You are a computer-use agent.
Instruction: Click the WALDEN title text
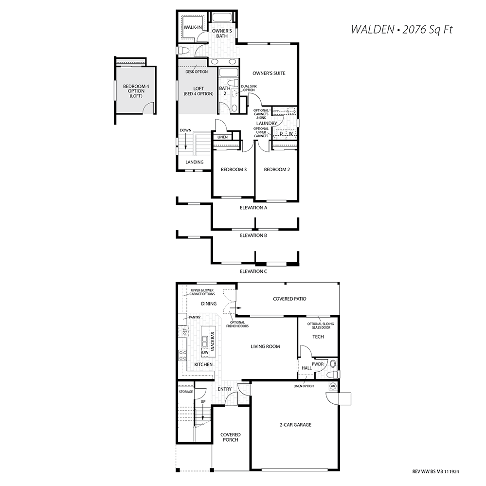coord(372,30)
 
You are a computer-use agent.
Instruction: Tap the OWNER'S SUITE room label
coord(269,73)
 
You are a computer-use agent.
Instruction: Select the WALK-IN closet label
coord(193,27)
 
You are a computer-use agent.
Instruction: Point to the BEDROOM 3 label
coord(234,170)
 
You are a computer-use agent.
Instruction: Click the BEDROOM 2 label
coord(277,170)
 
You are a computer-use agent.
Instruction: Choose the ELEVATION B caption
coord(253,235)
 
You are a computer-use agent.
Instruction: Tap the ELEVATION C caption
coord(253,271)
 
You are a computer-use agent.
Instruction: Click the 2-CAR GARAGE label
coord(295,425)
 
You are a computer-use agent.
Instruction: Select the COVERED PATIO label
coord(289,299)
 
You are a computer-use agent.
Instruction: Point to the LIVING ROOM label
coord(265,346)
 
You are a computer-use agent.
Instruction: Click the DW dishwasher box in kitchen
coord(205,352)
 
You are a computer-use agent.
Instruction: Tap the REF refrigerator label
coord(185,332)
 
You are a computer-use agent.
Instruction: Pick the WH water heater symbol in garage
coord(333,386)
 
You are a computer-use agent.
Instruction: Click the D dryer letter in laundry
coord(281,133)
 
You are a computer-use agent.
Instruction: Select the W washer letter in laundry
coord(291,133)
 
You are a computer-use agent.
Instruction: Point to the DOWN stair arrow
coord(186,143)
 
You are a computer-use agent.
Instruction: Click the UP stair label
coord(203,402)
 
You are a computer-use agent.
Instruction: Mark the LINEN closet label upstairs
coord(222,137)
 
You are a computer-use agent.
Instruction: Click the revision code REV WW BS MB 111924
coord(435,472)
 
